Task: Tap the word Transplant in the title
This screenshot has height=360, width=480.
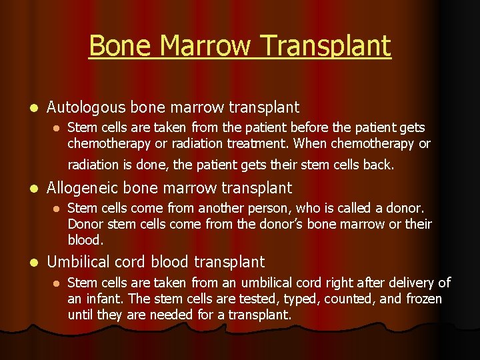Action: coord(326,46)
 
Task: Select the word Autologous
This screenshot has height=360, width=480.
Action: coord(87,107)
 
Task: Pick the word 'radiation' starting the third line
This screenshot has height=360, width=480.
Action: coord(93,164)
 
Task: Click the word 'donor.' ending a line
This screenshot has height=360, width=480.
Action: coord(406,209)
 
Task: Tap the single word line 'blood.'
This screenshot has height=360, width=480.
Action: coord(85,239)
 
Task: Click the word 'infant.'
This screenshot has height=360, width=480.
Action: coord(104,299)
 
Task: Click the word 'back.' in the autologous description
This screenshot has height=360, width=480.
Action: coord(378,164)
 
